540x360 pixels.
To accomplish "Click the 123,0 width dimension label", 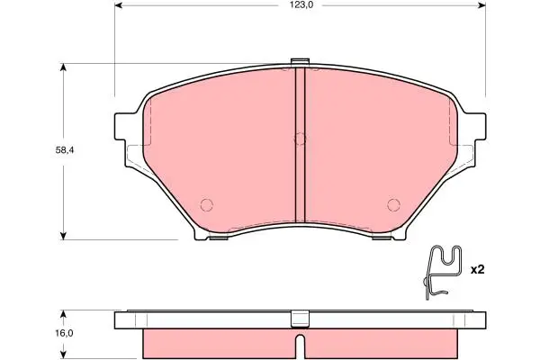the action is click(x=300, y=5).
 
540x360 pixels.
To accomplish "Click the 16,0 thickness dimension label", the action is click(x=63, y=334).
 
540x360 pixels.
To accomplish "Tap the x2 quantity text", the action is click(x=477, y=270).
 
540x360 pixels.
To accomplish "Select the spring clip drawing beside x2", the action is click(x=442, y=272).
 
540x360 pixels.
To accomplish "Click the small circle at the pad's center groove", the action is click(x=300, y=139).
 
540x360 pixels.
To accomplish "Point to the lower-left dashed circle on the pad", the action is click(x=207, y=205).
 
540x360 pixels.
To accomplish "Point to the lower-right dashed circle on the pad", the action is click(x=393, y=205).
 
